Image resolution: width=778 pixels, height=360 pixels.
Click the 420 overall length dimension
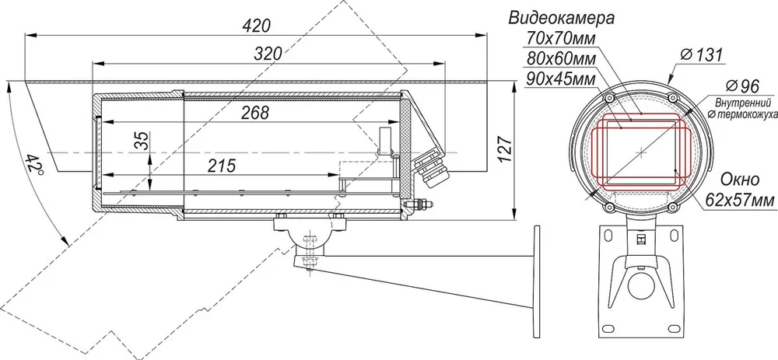tap(257, 26)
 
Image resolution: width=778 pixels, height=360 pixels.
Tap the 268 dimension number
tap(255, 113)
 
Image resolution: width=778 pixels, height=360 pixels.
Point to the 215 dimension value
tap(221, 166)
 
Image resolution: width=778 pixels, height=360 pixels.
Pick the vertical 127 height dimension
tap(503, 150)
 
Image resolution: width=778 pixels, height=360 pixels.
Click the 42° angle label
tap(35, 163)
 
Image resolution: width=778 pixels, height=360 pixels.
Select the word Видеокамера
tap(561, 19)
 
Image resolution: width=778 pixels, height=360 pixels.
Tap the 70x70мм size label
tap(559, 38)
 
